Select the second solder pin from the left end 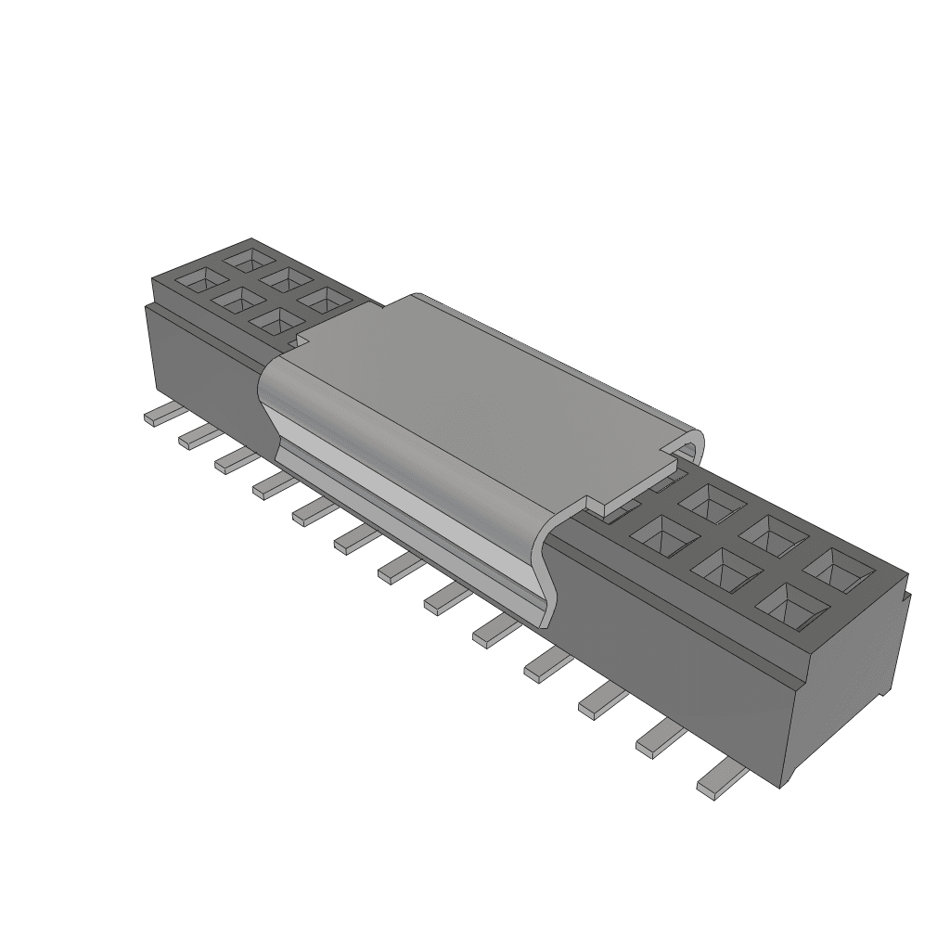click(x=195, y=436)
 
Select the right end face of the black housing click(x=849, y=687)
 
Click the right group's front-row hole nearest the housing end click(x=791, y=606)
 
